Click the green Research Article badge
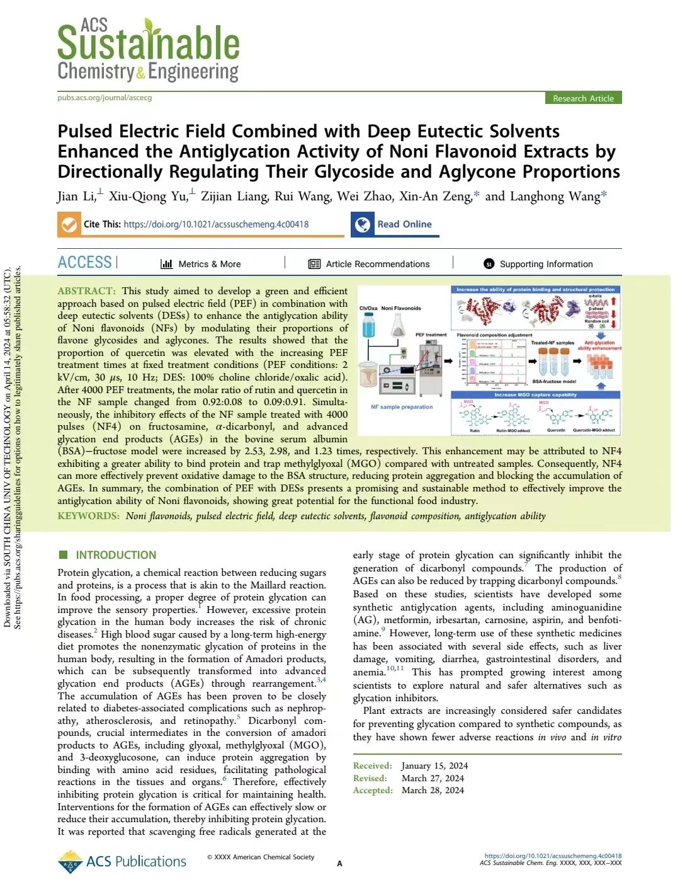pos(583,98)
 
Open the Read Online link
pos(404,224)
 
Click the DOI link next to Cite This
pos(216,224)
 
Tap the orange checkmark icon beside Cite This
pos(69,224)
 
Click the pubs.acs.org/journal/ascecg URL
pos(105,98)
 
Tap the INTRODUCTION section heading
pos(116,555)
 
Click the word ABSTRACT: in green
pos(86,291)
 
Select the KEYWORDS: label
pos(88,516)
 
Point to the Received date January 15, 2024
pos(434,766)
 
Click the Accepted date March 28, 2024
pos(433,791)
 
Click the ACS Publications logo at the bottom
pos(122,861)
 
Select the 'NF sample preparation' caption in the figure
pos(402,407)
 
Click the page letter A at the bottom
pos(340,864)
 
